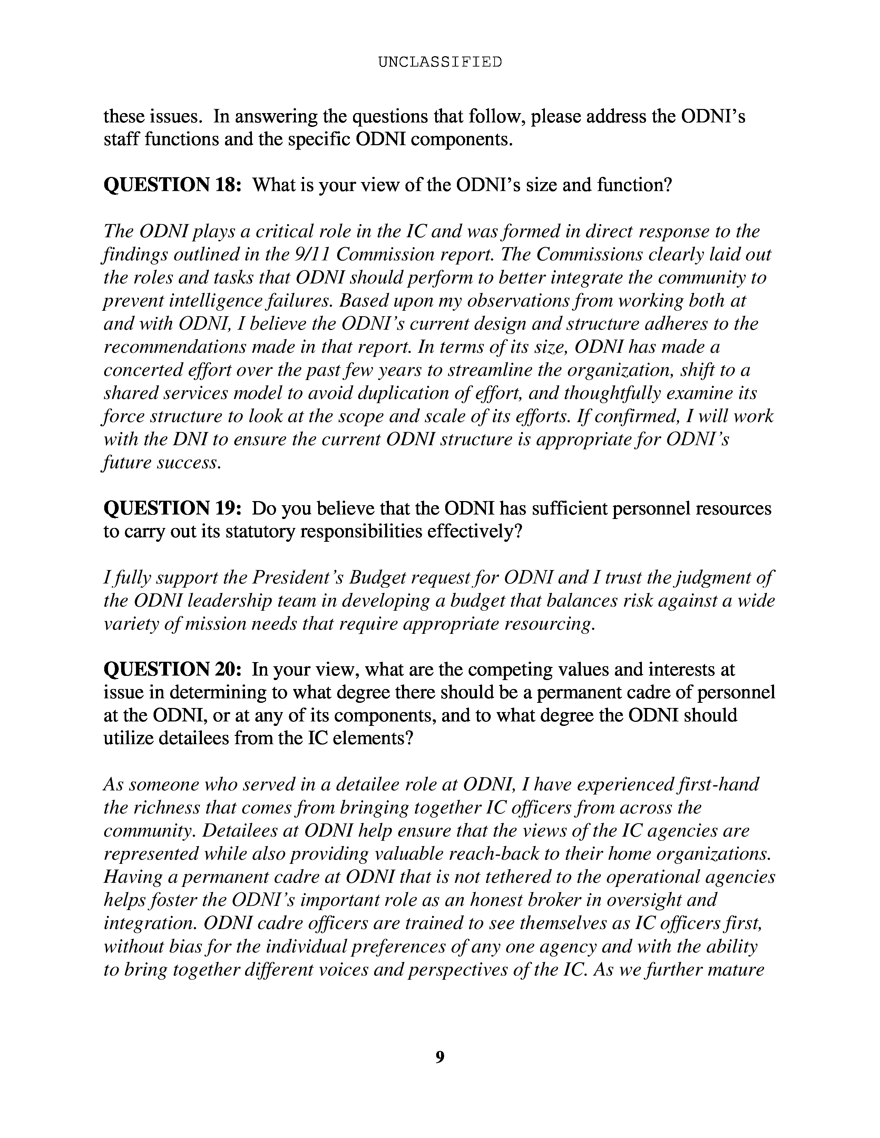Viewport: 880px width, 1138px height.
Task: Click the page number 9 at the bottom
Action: coord(439,1057)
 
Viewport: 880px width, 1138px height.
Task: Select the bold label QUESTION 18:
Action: coord(173,185)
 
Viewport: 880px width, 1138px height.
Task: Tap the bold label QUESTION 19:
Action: coord(173,508)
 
